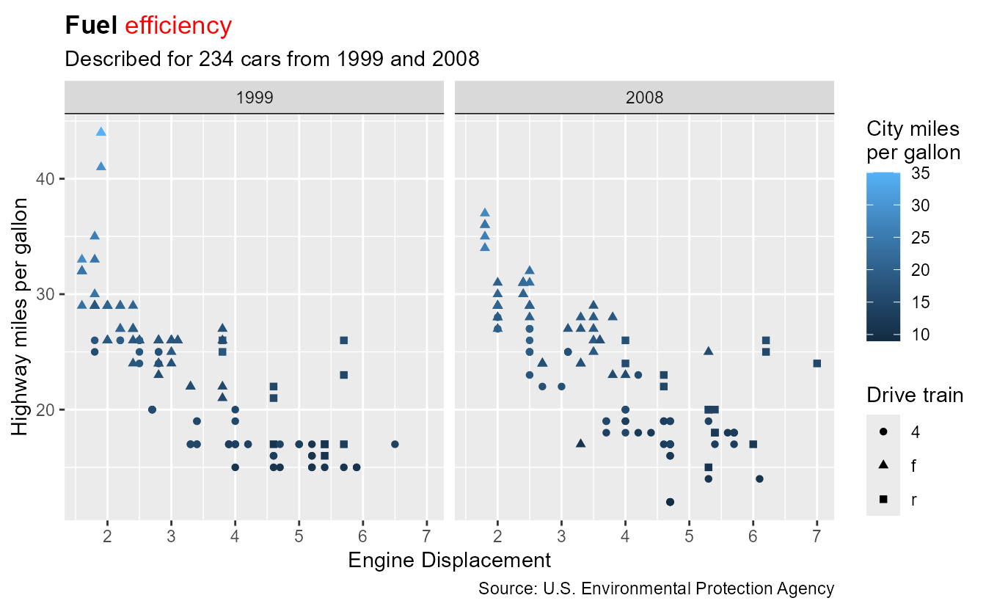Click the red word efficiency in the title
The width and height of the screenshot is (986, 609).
pyautogui.click(x=178, y=26)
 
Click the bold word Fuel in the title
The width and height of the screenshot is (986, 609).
pyautogui.click(x=92, y=26)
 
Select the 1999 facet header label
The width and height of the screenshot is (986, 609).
pyautogui.click(x=254, y=98)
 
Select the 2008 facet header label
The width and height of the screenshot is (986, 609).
pyautogui.click(x=645, y=98)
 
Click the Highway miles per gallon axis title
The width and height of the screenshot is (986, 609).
pyautogui.click(x=22, y=316)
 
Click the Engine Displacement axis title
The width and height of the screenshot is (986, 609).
pyautogui.click(x=449, y=561)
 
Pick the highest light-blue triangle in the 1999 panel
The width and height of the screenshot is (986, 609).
pyautogui.click(x=101, y=132)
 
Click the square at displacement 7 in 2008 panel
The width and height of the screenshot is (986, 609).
pyautogui.click(x=817, y=363)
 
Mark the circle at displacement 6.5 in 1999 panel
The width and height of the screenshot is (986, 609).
pyautogui.click(x=395, y=444)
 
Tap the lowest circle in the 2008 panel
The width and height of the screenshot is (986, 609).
pyautogui.click(x=670, y=502)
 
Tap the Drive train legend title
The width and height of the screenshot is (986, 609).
pyautogui.click(x=914, y=395)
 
